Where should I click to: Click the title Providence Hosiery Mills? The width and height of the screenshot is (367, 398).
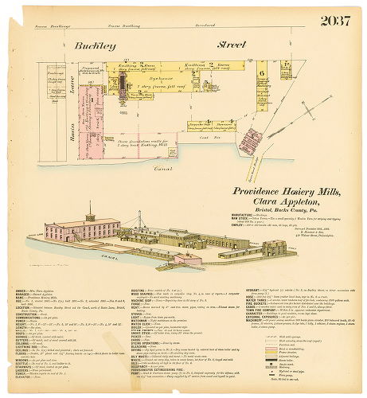(x=287, y=192)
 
